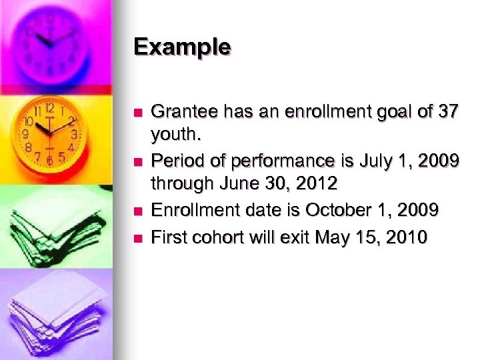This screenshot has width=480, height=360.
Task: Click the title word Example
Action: [181, 47]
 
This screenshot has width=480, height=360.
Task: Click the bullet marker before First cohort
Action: [139, 237]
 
